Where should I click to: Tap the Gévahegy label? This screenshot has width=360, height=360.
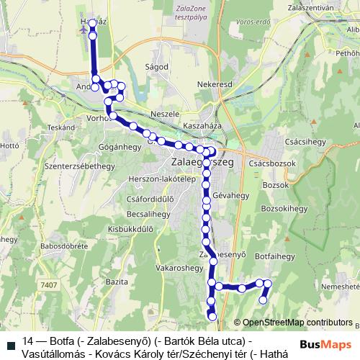229,195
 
